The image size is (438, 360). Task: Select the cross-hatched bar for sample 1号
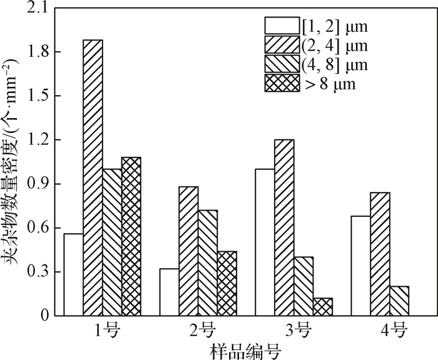click(x=131, y=237)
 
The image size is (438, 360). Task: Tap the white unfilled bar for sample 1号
click(x=73, y=274)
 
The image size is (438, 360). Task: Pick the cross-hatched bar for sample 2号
click(x=227, y=284)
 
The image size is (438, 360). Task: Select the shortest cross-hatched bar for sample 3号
click(x=322, y=307)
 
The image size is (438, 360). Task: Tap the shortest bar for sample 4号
click(x=399, y=301)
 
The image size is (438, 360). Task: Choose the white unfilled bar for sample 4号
click(x=361, y=266)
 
